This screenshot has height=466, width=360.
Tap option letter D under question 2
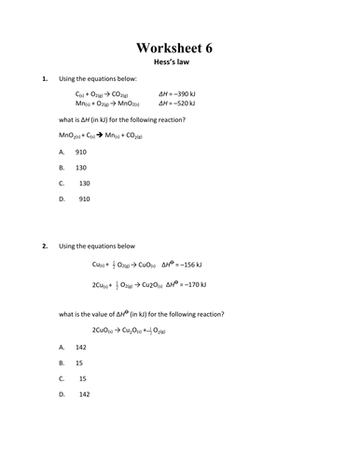pyautogui.click(x=62, y=394)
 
